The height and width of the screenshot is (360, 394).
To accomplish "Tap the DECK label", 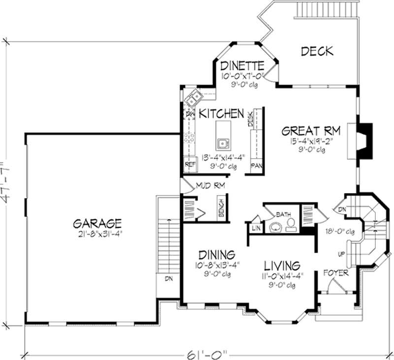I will point(317,51).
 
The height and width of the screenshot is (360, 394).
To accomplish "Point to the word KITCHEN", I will point(222,114).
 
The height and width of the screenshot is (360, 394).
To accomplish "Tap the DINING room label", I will point(216,255).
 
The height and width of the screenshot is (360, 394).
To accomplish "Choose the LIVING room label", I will point(282,265).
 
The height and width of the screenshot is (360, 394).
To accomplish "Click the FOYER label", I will point(336,272).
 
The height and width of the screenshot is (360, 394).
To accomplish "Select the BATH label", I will point(283,215).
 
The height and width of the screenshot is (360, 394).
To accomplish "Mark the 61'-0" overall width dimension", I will point(210,353).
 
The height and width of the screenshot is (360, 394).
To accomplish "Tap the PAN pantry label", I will point(257,165).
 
